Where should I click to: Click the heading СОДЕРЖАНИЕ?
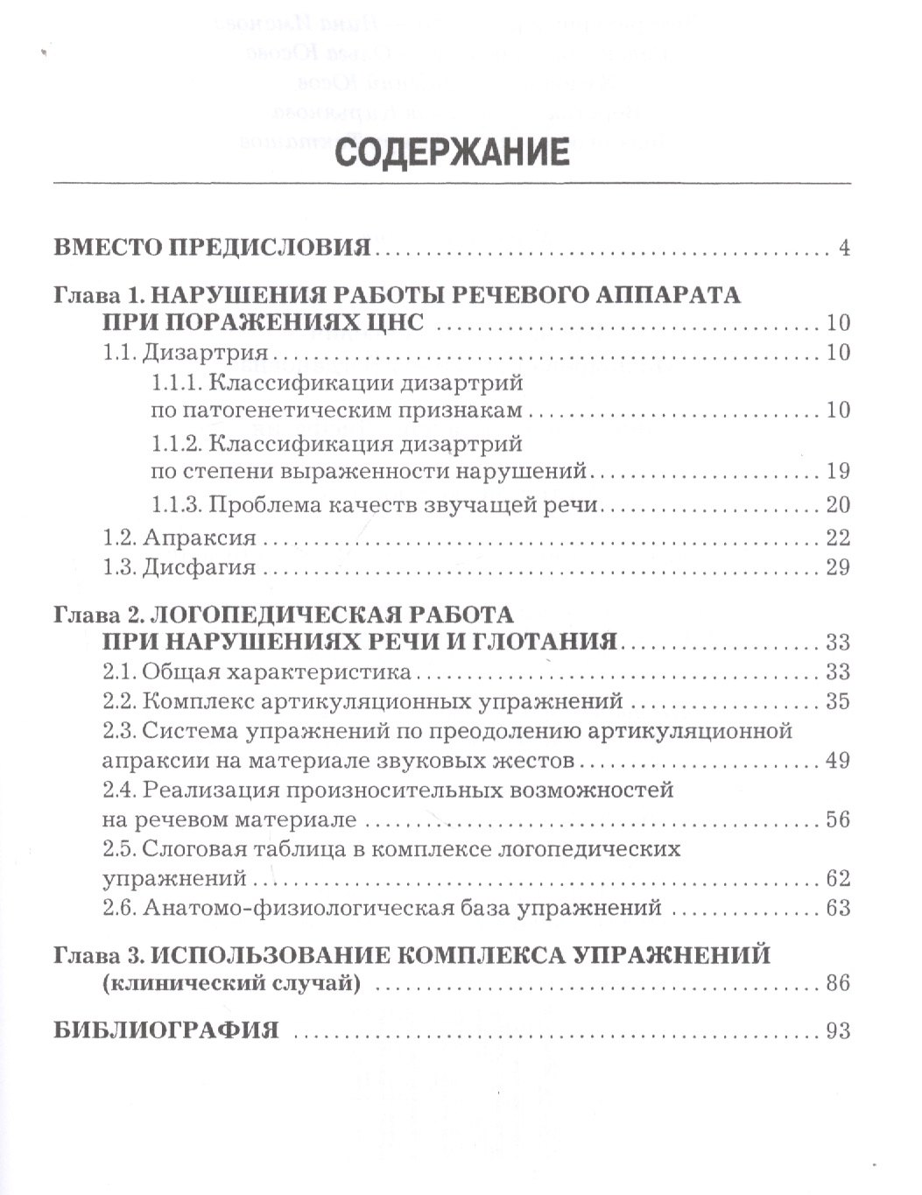coord(453,151)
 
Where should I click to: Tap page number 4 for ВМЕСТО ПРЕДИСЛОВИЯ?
coord(843,248)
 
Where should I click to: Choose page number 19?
coord(837,471)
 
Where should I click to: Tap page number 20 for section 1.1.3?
coord(837,505)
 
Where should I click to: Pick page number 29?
coord(837,567)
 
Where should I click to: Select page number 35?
coord(837,701)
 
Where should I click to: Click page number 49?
coord(837,760)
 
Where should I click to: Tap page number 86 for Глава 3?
coord(837,983)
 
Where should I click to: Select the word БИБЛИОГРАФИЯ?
coord(166,1030)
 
